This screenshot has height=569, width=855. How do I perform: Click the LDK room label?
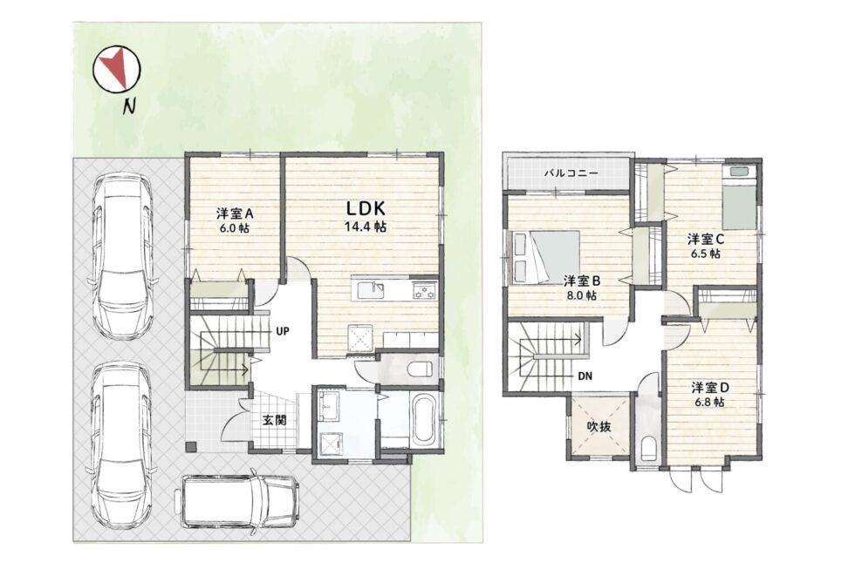[366, 207]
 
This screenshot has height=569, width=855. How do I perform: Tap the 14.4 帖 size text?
[366, 227]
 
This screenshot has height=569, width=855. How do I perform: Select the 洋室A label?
[235, 213]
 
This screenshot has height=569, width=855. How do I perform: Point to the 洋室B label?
[582, 281]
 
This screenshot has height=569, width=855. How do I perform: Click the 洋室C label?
[706, 239]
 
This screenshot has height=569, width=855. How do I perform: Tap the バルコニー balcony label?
[571, 173]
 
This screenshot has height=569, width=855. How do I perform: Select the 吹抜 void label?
[598, 427]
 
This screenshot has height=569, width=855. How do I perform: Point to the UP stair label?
[282, 330]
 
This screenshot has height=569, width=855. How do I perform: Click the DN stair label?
[585, 376]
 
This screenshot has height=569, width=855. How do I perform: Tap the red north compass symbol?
[117, 68]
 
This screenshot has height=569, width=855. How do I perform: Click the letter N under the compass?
[129, 105]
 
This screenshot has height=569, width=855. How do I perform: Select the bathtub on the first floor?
[424, 422]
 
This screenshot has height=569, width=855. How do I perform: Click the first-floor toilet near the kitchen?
[421, 369]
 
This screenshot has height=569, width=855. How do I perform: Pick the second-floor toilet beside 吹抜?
[647, 449]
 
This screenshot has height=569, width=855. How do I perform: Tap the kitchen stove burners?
[425, 291]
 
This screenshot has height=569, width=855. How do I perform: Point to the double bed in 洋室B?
[545, 257]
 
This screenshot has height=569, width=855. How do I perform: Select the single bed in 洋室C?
[740, 198]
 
